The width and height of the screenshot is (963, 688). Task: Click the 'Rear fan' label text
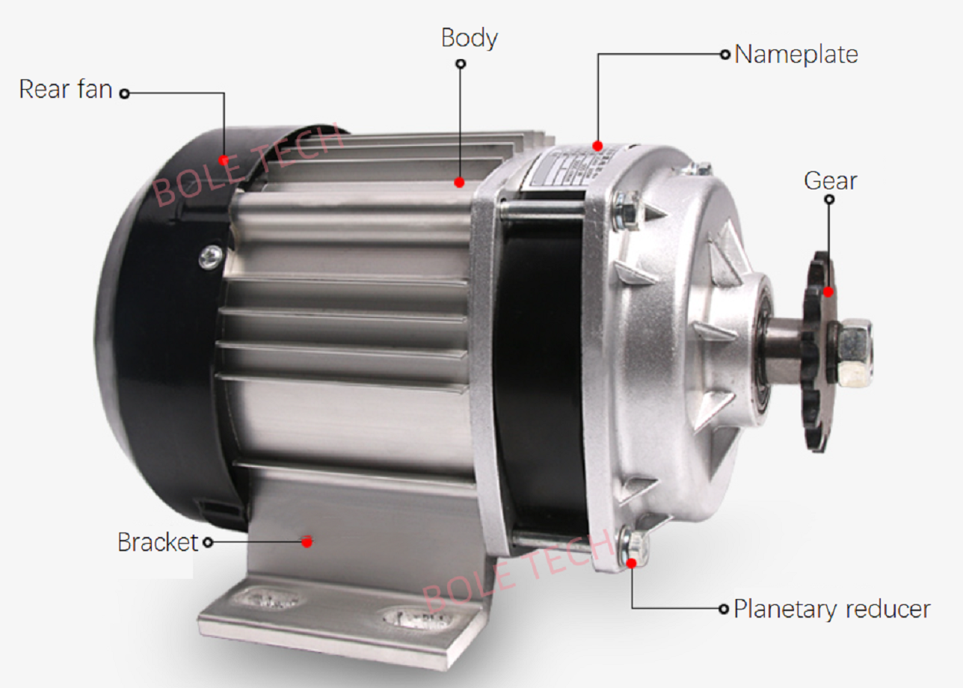(x=65, y=89)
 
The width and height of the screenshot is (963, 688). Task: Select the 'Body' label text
(x=469, y=37)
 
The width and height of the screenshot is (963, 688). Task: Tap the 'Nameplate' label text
(x=796, y=55)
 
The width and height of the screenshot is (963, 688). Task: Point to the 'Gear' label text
(x=830, y=181)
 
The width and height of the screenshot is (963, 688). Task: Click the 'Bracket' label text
(x=158, y=542)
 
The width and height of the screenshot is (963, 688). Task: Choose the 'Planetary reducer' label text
(x=831, y=609)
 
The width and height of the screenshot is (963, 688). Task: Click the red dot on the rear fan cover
(x=224, y=159)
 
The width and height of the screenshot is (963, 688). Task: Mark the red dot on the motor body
(x=459, y=182)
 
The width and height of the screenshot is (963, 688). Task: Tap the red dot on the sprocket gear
(x=828, y=292)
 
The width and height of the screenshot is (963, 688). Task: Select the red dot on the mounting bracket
(x=307, y=542)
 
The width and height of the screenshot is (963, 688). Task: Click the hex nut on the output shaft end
(x=853, y=351)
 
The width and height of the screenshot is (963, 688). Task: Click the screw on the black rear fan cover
(x=210, y=257)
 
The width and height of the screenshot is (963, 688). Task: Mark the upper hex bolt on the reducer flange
(x=627, y=210)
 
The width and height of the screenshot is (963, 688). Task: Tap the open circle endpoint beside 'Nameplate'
(x=724, y=55)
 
